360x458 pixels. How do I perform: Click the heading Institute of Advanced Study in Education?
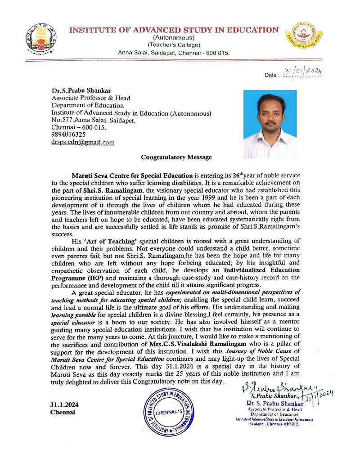174,30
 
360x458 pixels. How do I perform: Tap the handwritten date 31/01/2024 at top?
304,71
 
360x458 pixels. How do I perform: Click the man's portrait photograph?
270,124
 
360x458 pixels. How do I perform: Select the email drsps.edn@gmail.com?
83,142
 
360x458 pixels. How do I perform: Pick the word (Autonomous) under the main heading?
174,38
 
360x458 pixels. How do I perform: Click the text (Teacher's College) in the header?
174,45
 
